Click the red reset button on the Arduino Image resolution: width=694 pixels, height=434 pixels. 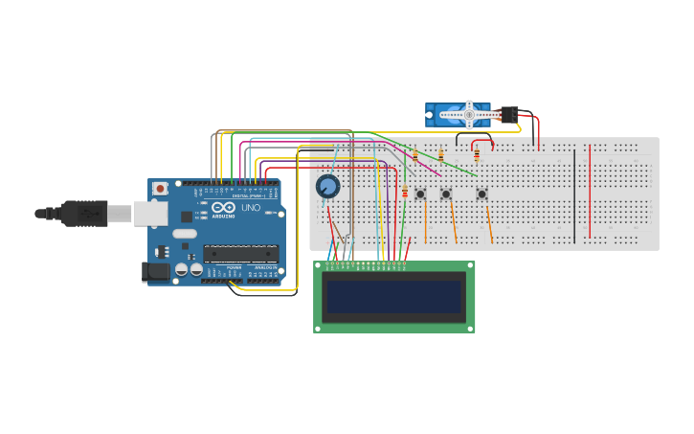pyautogui.click(x=161, y=189)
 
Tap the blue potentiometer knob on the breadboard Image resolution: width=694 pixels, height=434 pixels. pyautogui.click(x=328, y=186)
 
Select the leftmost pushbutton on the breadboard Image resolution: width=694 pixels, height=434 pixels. pyautogui.click(x=420, y=194)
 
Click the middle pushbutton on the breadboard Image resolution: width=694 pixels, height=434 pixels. pyautogui.click(x=446, y=194)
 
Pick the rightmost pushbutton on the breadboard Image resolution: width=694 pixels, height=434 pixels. pyautogui.click(x=481, y=194)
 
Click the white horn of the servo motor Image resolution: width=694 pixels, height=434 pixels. pyautogui.click(x=469, y=115)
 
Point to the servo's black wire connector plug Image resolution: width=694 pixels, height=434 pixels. pyautogui.click(x=508, y=114)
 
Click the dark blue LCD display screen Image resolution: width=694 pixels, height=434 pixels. pyautogui.click(x=393, y=297)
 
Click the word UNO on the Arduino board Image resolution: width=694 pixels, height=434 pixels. pyautogui.click(x=250, y=208)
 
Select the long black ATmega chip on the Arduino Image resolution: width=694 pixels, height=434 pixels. pyautogui.click(x=240, y=254)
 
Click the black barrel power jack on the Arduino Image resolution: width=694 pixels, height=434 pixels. pyautogui.click(x=156, y=272)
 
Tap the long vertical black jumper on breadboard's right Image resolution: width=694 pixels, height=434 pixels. pyautogui.click(x=574, y=196)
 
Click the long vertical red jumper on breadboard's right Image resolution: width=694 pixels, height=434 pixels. pyautogui.click(x=591, y=192)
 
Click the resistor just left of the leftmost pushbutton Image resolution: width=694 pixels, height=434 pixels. pyautogui.click(x=405, y=193)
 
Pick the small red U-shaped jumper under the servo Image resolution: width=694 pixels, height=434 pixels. pyautogui.click(x=482, y=144)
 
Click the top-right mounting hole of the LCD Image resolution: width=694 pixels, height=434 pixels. pyautogui.click(x=469, y=266)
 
